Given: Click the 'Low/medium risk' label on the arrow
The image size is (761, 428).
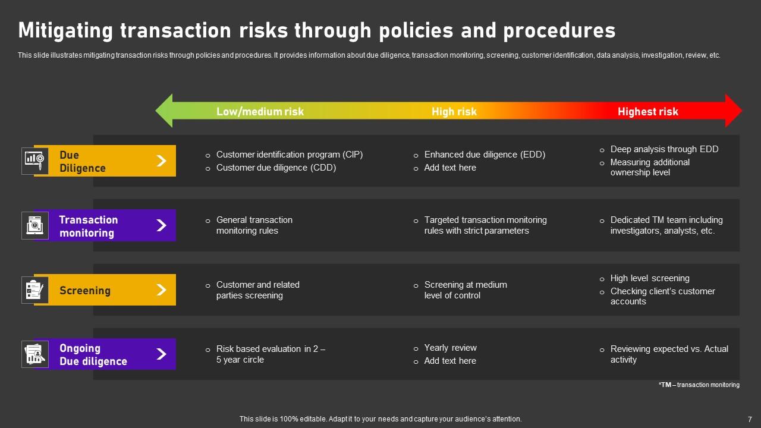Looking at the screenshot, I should [260, 111].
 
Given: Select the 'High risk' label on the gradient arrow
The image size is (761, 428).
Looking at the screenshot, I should [454, 111].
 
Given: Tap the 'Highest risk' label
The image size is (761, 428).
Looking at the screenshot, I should [647, 111].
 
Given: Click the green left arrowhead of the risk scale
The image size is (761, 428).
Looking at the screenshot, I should [165, 111].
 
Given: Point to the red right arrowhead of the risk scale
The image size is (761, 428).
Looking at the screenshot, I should [733, 111].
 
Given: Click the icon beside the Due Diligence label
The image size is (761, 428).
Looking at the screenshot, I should [34, 160].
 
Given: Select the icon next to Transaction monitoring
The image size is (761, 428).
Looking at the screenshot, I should [34, 225].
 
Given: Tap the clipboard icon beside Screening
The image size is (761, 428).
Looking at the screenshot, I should [34, 290].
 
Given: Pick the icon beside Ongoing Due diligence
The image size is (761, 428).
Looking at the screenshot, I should [34, 354].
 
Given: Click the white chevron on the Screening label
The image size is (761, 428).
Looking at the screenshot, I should [161, 290].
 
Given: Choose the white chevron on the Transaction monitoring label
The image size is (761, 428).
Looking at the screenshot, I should [161, 225].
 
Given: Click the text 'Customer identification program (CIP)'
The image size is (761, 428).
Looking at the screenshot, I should [289, 155].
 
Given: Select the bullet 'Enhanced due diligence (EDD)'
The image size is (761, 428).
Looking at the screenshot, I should [484, 155].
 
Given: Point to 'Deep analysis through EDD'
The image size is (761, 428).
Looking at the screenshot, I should [664, 149].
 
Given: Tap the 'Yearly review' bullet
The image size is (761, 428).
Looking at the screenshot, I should [450, 348].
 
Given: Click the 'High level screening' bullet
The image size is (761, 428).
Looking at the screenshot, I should [650, 278].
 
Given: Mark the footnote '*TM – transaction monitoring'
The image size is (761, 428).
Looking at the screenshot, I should [699, 385].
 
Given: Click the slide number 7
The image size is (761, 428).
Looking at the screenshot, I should [749, 419].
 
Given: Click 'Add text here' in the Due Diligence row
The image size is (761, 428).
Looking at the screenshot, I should [449, 168].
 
